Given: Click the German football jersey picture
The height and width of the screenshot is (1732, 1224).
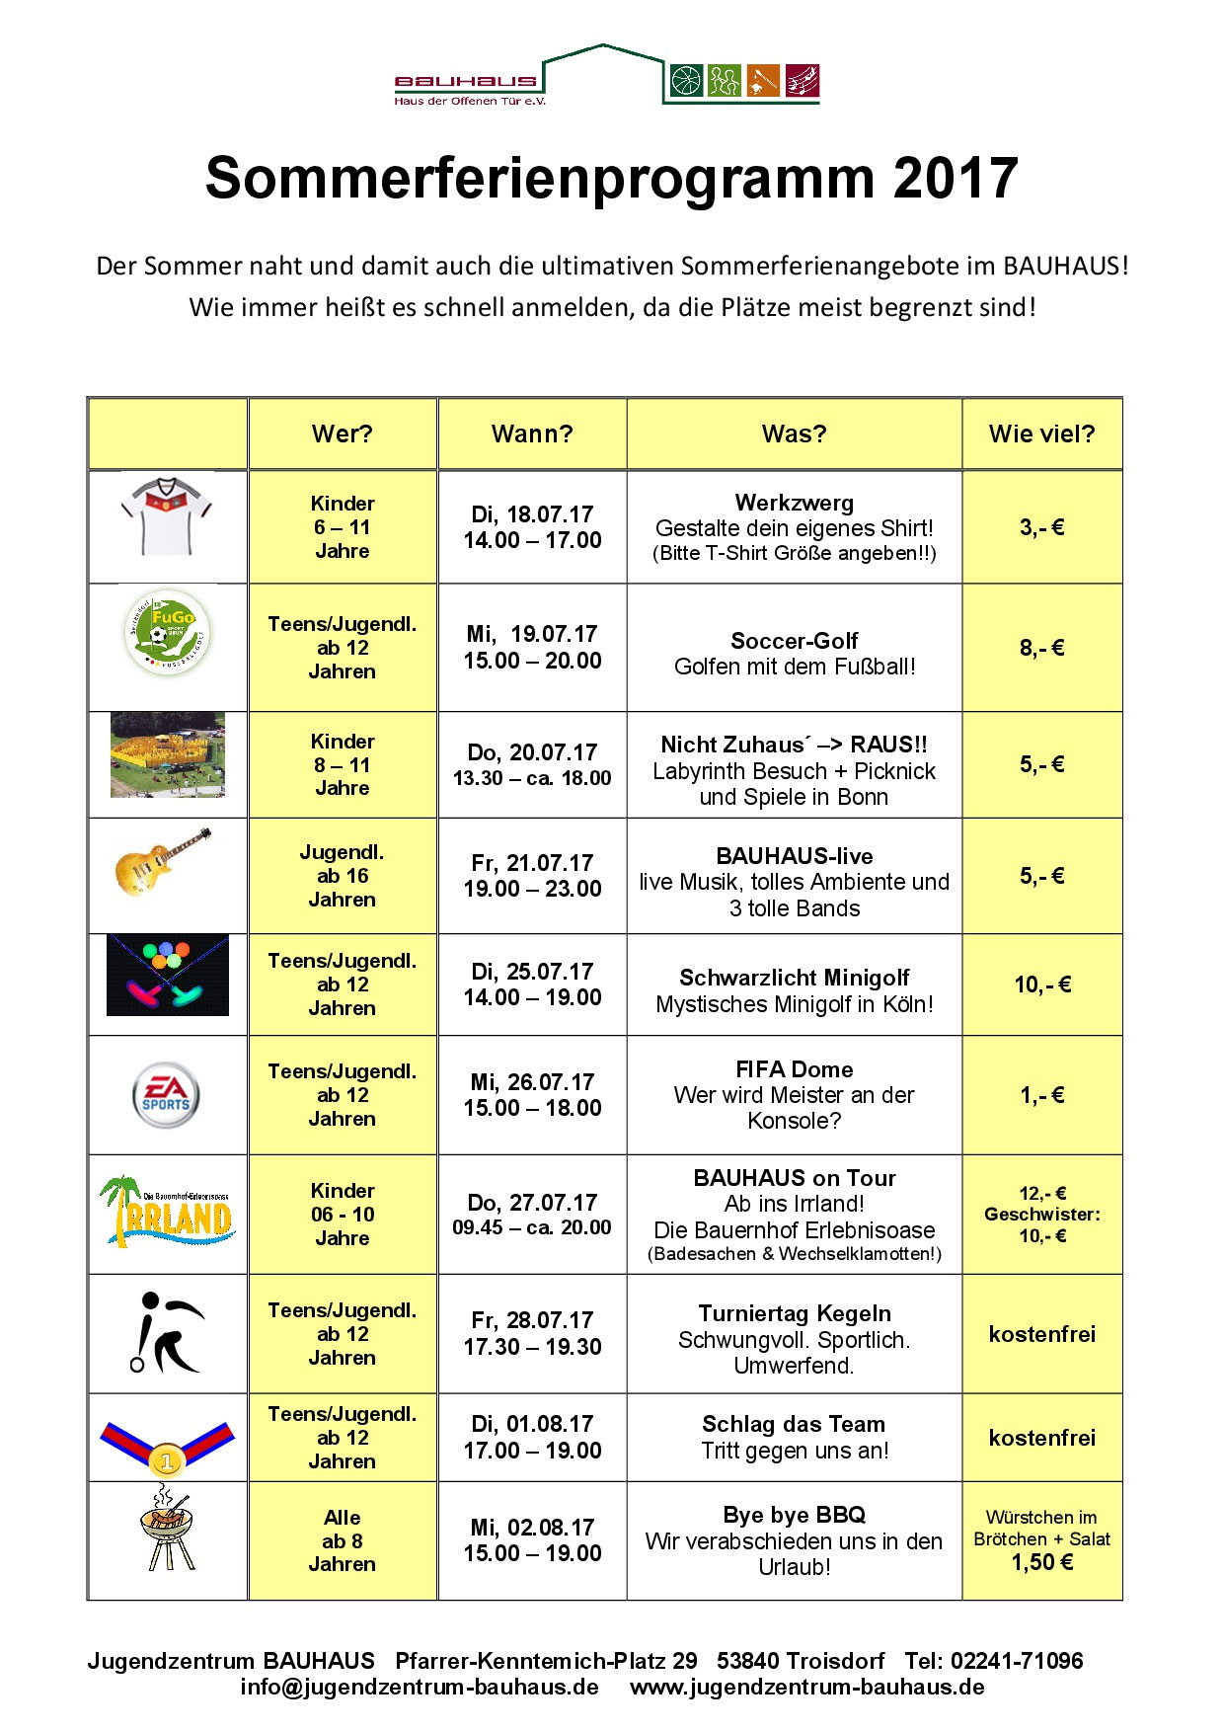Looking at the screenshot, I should point(167,515).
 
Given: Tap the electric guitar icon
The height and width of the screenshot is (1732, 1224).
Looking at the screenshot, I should point(164,862).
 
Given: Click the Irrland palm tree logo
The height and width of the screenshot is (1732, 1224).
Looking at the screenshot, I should point(167,1212).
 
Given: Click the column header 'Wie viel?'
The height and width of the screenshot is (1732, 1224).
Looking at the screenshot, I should point(1041,433).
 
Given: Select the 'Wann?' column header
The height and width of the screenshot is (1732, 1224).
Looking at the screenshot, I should point(532,433).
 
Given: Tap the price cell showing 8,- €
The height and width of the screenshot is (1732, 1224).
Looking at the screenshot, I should point(1041,648).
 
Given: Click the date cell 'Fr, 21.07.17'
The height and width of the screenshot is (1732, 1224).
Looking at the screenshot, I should point(532,862).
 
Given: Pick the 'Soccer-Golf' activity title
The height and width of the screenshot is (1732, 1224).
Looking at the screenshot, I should point(795,640).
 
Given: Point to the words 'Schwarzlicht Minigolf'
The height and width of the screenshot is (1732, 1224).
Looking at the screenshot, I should point(795,978).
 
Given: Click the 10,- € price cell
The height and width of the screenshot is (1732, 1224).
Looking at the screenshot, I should point(1041,984).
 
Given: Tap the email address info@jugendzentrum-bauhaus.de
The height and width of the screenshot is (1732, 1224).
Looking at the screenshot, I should point(420,1687).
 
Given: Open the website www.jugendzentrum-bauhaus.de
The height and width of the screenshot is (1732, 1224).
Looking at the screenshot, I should point(807,1687).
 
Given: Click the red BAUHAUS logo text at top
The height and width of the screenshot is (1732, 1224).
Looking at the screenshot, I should point(466,81).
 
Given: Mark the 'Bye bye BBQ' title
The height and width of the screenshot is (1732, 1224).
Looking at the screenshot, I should point(795,1515).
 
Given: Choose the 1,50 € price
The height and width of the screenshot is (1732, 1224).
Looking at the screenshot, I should point(1041,1562).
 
